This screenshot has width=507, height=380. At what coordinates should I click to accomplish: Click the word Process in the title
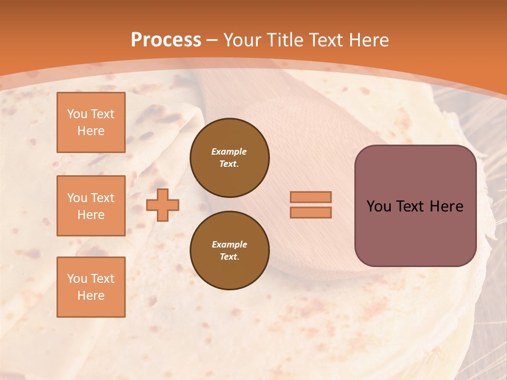[166, 40]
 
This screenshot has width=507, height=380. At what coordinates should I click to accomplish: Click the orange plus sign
[163, 205]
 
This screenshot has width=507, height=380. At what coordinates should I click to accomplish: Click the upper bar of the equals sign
[311, 197]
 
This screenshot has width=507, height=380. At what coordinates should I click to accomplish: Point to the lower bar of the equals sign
[311, 212]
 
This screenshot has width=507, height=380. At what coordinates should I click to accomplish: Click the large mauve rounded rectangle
[415, 232]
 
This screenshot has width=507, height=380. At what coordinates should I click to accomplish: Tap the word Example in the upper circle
[229, 151]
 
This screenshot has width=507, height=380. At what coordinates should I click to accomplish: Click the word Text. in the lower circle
[229, 256]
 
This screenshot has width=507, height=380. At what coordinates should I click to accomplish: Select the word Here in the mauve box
[446, 206]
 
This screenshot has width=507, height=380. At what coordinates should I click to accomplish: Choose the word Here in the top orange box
[91, 131]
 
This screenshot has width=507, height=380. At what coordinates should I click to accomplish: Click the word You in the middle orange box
[77, 198]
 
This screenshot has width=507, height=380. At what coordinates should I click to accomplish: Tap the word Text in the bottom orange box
[102, 279]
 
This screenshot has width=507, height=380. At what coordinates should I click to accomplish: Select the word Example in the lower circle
[229, 244]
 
